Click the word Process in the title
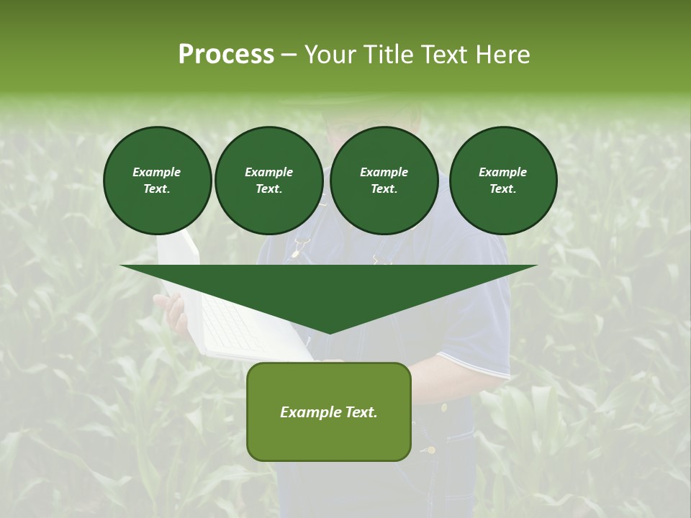click(x=226, y=55)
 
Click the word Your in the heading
click(x=330, y=55)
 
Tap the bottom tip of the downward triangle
click(x=329, y=332)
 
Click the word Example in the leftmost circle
click(x=157, y=172)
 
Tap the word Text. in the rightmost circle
click(x=502, y=189)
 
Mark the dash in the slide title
click(x=289, y=55)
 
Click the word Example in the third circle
click(x=384, y=172)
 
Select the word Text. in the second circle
click(x=268, y=189)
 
